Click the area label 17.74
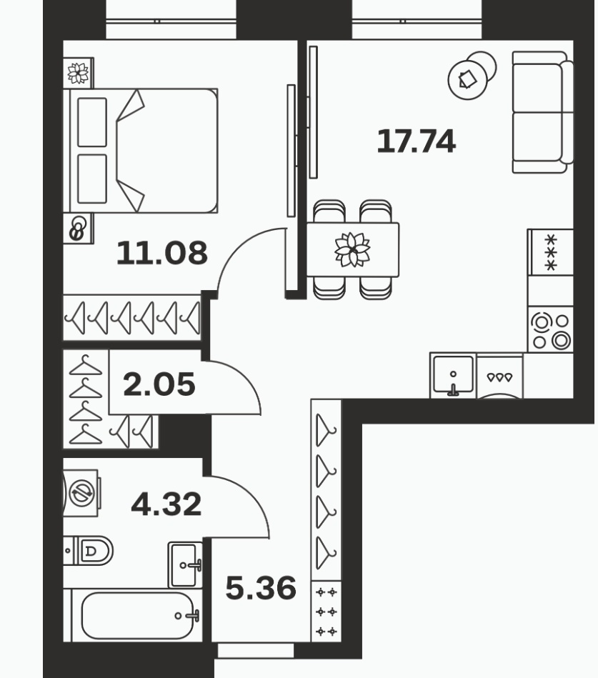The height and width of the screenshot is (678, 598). [416, 141]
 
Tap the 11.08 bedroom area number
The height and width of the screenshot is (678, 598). [162, 253]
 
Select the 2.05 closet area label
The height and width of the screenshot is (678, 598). [159, 384]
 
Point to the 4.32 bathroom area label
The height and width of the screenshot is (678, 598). [166, 504]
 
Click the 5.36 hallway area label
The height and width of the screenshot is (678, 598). [261, 588]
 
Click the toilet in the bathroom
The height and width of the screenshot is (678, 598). [89, 551]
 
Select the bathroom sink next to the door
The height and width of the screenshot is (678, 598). [185, 564]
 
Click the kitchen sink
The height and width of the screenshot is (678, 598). [453, 375]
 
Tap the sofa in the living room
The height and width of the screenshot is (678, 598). [543, 112]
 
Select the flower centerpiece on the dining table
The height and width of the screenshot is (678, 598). [352, 249]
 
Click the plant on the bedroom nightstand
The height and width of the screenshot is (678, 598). [79, 73]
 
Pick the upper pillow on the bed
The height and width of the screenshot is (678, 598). [92, 122]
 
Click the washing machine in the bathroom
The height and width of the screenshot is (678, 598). [81, 492]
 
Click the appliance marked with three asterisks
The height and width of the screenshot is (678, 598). [550, 252]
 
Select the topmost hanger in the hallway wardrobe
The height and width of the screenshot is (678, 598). [326, 430]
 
